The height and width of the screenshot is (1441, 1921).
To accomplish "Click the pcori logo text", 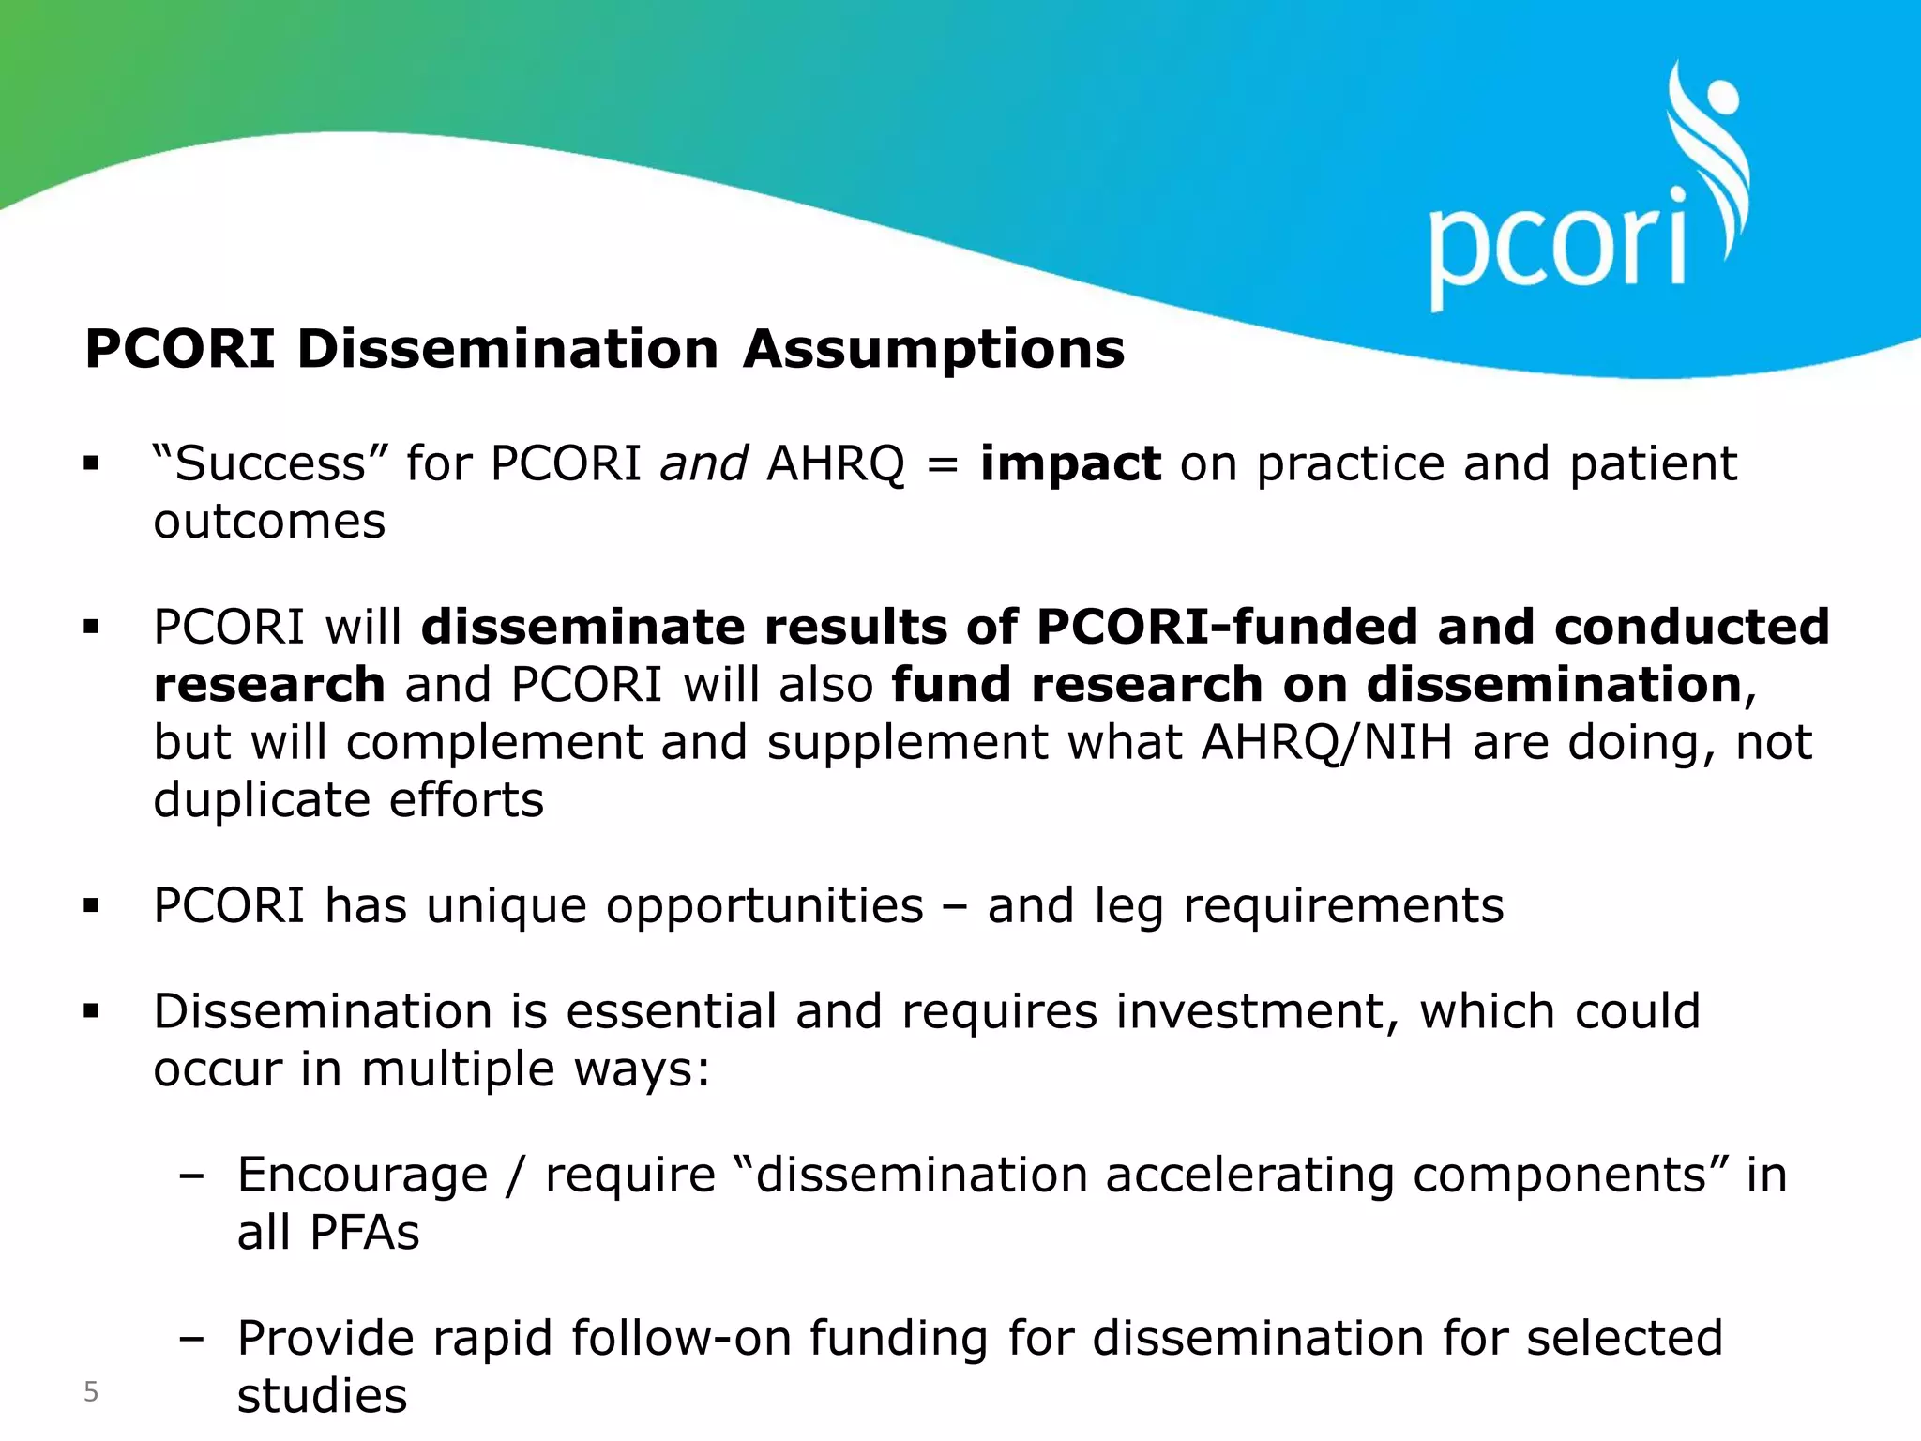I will coord(1557,246).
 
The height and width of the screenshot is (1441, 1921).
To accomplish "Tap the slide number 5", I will coord(91,1391).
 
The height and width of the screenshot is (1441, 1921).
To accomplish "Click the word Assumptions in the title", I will coord(933,349).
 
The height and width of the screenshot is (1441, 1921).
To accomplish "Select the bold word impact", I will coord(1070,463).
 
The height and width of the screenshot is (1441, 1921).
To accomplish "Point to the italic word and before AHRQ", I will coord(703,463).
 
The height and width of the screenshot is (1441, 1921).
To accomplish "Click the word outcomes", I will coord(269,522).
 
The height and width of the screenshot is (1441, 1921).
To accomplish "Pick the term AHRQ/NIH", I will coord(1326,742).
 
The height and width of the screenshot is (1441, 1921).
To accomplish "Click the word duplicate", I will coord(262,800).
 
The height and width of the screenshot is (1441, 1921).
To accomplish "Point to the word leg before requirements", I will coord(1128,907).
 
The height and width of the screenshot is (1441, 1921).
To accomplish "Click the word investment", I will coord(1257,1011).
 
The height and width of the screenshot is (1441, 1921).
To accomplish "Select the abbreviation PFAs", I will coord(364,1232).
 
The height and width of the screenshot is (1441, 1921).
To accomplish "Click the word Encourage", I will coord(362,1176).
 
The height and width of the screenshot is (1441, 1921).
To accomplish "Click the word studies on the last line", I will coord(322,1396).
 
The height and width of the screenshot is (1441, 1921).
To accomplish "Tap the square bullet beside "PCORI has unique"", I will coord(91,906).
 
